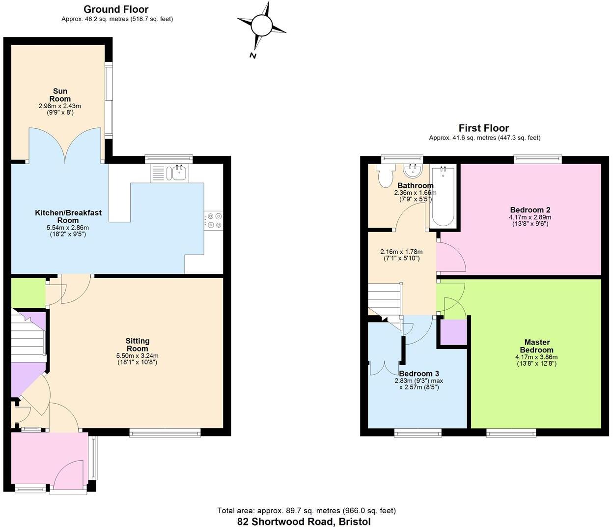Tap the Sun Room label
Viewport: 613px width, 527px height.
pyautogui.click(x=60, y=95)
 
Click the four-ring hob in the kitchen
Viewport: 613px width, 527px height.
pyautogui.click(x=214, y=220)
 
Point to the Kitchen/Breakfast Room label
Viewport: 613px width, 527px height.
pyautogui.click(x=68, y=216)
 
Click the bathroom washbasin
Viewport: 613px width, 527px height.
pyautogui.click(x=413, y=171)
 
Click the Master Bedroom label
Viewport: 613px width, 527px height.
pyautogui.click(x=537, y=346)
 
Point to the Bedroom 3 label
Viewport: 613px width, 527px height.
pyautogui.click(x=418, y=374)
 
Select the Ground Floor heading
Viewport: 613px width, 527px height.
pyautogui.click(x=116, y=9)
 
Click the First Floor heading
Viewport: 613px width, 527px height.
pyautogui.click(x=484, y=128)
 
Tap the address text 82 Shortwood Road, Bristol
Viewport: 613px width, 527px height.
pyautogui.click(x=304, y=522)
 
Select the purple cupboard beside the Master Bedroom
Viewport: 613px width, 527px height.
pyautogui.click(x=452, y=332)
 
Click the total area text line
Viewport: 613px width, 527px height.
pyautogui.click(x=306, y=511)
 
